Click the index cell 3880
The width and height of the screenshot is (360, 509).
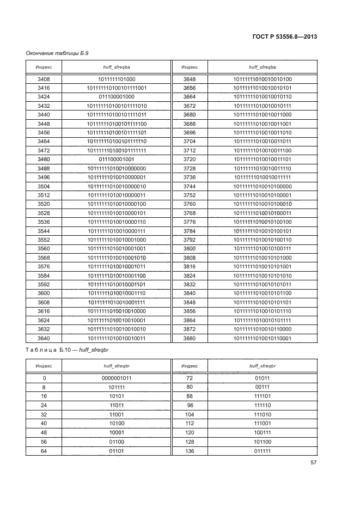(x=189, y=338)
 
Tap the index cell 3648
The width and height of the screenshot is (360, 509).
(x=189, y=79)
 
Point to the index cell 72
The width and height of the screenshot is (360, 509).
(x=189, y=377)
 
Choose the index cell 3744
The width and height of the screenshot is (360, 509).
(x=189, y=186)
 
